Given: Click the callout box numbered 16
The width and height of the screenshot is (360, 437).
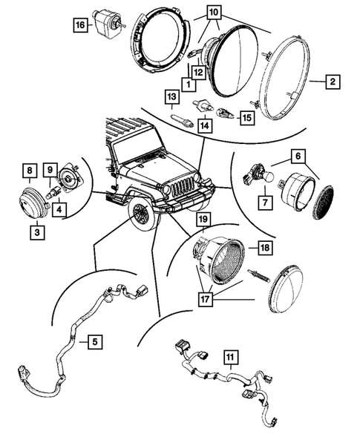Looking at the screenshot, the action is (80, 25).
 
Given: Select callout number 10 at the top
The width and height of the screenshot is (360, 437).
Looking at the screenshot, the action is (213, 13).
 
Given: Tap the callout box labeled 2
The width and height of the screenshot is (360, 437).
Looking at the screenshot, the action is (333, 82).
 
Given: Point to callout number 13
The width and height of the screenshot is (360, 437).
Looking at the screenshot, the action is (172, 96).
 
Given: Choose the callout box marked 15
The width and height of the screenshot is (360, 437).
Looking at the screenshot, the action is (247, 118).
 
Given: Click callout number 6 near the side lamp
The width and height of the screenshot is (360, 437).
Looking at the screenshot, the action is (298, 157).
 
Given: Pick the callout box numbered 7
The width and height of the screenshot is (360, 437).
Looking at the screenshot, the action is (265, 202).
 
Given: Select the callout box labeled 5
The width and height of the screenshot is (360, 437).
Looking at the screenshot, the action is (95, 341).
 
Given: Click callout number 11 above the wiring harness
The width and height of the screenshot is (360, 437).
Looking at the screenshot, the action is (231, 357).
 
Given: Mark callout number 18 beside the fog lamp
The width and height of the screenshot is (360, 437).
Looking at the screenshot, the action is (265, 247).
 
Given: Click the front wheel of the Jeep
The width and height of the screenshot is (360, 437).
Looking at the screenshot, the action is (143, 214).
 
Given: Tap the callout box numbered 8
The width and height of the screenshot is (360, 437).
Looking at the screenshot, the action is (30, 171).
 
